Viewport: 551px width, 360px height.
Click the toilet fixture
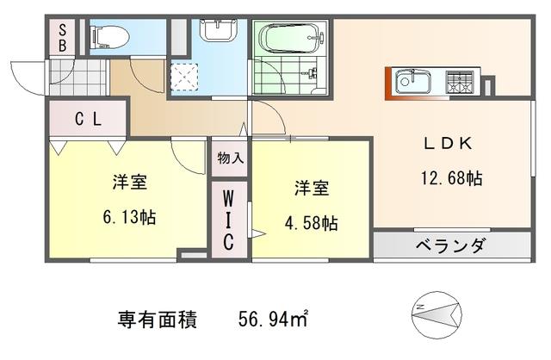point(109,37)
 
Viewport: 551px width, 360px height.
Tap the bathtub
point(291,38)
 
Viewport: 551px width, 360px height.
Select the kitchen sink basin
point(413,82)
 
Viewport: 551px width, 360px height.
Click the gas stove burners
point(460,82)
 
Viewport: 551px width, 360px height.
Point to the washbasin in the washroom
point(219,30)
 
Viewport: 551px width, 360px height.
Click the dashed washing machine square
point(184,77)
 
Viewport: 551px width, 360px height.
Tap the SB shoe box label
point(62,38)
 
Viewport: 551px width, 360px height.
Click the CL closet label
point(88,119)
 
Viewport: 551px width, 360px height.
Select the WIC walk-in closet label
point(228,220)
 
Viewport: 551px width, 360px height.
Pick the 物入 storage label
point(230,158)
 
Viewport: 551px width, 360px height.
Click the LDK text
point(448,143)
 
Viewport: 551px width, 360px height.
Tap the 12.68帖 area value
point(451,178)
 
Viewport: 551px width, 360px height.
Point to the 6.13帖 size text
point(129,216)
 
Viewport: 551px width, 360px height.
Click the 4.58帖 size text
point(312,223)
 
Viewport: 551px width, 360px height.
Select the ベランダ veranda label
point(451,245)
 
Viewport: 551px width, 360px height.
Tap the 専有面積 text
point(157,320)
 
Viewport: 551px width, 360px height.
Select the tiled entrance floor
point(78,78)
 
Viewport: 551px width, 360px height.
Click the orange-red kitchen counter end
point(388,84)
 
